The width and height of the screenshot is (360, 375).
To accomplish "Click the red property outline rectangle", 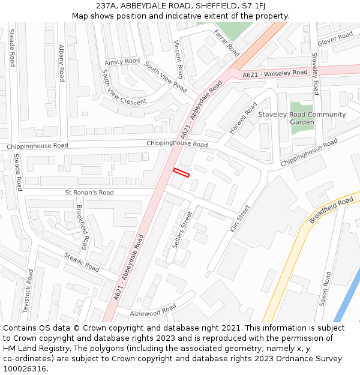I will coord(181,173).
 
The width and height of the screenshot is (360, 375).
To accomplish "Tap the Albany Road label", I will coord(62,63).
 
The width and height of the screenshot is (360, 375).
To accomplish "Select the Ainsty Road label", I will coord(122,62).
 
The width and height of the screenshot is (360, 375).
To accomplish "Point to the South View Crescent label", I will coord(124,88).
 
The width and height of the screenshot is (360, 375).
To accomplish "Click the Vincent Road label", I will coord(181,56).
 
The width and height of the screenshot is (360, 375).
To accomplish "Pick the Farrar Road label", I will coord(226,43).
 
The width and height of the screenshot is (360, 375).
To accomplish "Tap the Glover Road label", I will coord(335,39).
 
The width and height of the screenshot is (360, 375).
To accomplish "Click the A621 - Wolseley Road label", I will coord(275,74).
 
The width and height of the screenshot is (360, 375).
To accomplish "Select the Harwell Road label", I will coord(243,118).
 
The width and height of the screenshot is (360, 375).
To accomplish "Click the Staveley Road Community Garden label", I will coord(302,118).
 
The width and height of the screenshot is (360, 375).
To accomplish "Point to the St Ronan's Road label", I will coord(89,193).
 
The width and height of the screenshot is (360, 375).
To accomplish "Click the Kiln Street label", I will coord(240,219).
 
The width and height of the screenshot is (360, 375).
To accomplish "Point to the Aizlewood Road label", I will coord(153,310).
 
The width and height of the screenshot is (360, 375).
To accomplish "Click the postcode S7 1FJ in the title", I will coord(253,6).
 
